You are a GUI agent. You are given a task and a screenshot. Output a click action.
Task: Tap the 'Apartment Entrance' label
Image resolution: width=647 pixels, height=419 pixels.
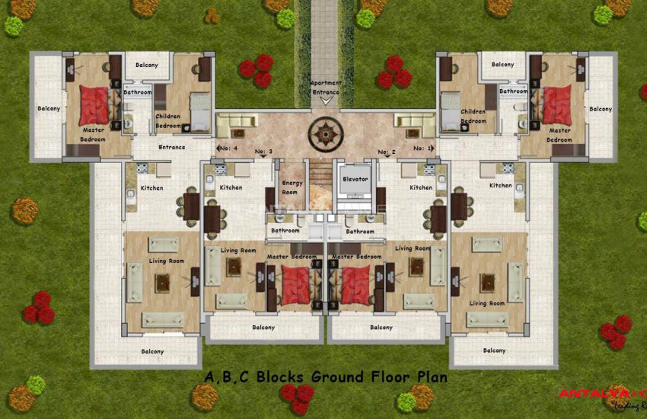(x=326, y=87)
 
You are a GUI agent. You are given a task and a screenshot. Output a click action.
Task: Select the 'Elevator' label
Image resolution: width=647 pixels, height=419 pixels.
(x=355, y=179)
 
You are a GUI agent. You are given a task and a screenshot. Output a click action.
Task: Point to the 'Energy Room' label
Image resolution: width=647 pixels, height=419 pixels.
(x=292, y=187)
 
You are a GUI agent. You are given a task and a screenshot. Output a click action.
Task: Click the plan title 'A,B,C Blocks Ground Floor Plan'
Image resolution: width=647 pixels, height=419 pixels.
(x=326, y=376)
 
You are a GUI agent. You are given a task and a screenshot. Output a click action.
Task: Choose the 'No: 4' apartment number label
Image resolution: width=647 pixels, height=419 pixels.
(x=228, y=148)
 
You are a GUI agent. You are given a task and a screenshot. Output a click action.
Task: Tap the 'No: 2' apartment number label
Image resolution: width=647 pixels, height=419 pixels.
(x=387, y=152)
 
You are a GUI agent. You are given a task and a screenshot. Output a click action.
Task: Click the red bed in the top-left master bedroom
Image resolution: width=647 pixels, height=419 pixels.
(x=94, y=105)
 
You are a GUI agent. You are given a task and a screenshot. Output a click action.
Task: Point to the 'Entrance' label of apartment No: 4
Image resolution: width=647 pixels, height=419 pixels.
(x=171, y=147)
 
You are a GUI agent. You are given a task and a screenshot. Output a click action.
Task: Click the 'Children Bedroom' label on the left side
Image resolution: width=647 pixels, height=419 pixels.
(x=168, y=120)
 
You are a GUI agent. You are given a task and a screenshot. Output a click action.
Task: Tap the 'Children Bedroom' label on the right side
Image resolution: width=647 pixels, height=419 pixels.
(x=473, y=116)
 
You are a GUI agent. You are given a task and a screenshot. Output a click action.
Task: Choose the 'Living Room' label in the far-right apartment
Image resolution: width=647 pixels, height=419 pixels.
(x=487, y=303)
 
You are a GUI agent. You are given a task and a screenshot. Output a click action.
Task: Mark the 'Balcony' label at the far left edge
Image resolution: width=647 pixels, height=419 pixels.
(x=49, y=109)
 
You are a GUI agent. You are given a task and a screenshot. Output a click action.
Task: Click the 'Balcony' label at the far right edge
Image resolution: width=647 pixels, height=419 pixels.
(x=601, y=109)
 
